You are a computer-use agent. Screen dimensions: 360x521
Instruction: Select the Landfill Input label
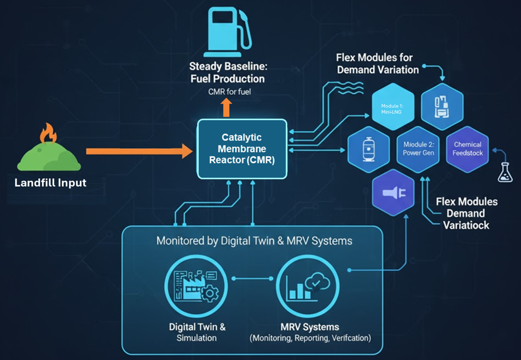[50, 183]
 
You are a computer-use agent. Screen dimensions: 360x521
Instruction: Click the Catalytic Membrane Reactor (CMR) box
[242, 149]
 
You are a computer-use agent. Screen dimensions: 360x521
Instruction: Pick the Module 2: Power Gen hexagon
[419, 149]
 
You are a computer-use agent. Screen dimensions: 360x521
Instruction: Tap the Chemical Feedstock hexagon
[468, 149]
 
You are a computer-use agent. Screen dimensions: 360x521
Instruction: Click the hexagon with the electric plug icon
[393, 193]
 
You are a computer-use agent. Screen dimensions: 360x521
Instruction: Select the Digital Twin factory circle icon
[189, 287]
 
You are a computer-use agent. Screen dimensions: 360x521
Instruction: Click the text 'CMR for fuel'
[229, 91]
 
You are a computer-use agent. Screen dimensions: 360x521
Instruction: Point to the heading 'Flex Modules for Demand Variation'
[378, 63]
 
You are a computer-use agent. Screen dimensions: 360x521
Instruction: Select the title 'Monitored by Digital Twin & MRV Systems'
[254, 241]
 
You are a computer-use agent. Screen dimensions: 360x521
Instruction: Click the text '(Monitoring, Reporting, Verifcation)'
[310, 338]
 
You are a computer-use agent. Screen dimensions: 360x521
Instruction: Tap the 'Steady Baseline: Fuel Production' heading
[227, 73]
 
